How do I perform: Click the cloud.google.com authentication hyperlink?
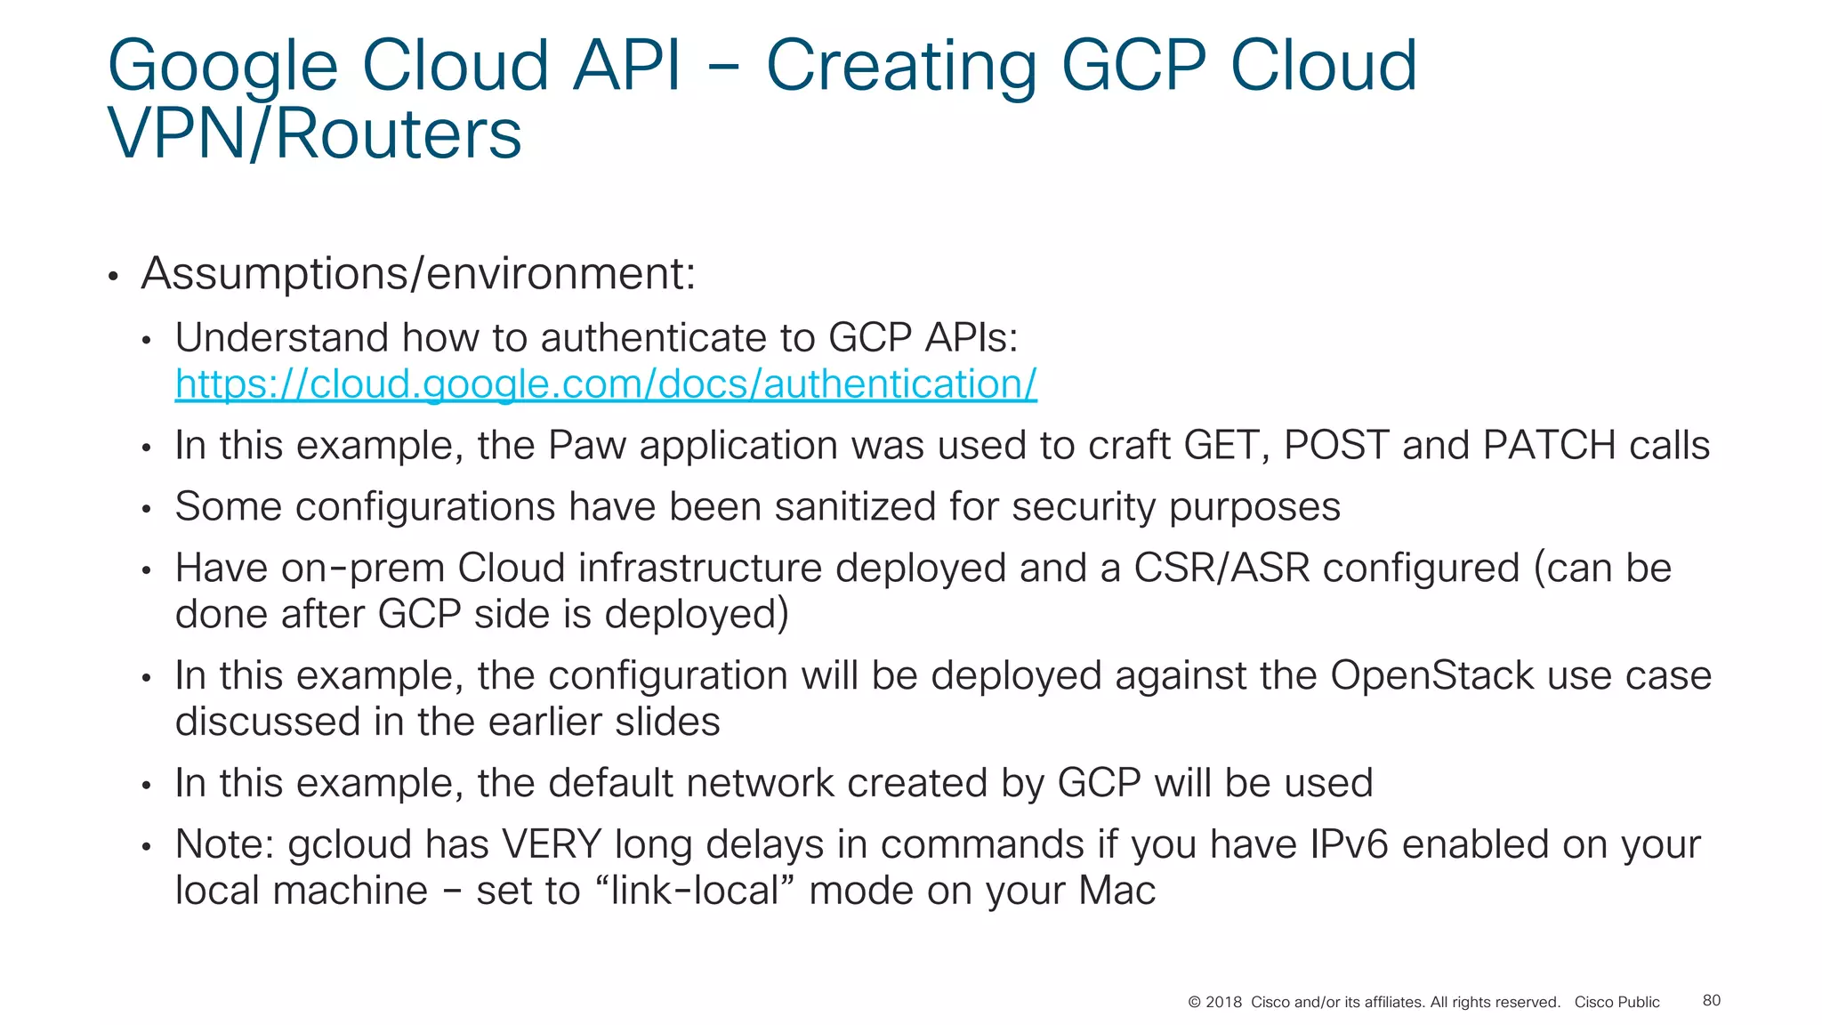(605, 384)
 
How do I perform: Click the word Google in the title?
(222, 66)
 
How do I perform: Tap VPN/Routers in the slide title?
(314, 134)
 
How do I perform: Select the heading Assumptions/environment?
(418, 273)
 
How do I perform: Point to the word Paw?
(586, 445)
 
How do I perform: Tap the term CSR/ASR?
(1221, 569)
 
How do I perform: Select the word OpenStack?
(1431, 675)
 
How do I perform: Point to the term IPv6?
(1349, 844)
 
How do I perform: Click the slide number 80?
(1711, 1000)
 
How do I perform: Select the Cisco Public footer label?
(1616, 1002)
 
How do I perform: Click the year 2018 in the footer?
(1223, 1002)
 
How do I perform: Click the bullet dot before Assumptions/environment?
(113, 277)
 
